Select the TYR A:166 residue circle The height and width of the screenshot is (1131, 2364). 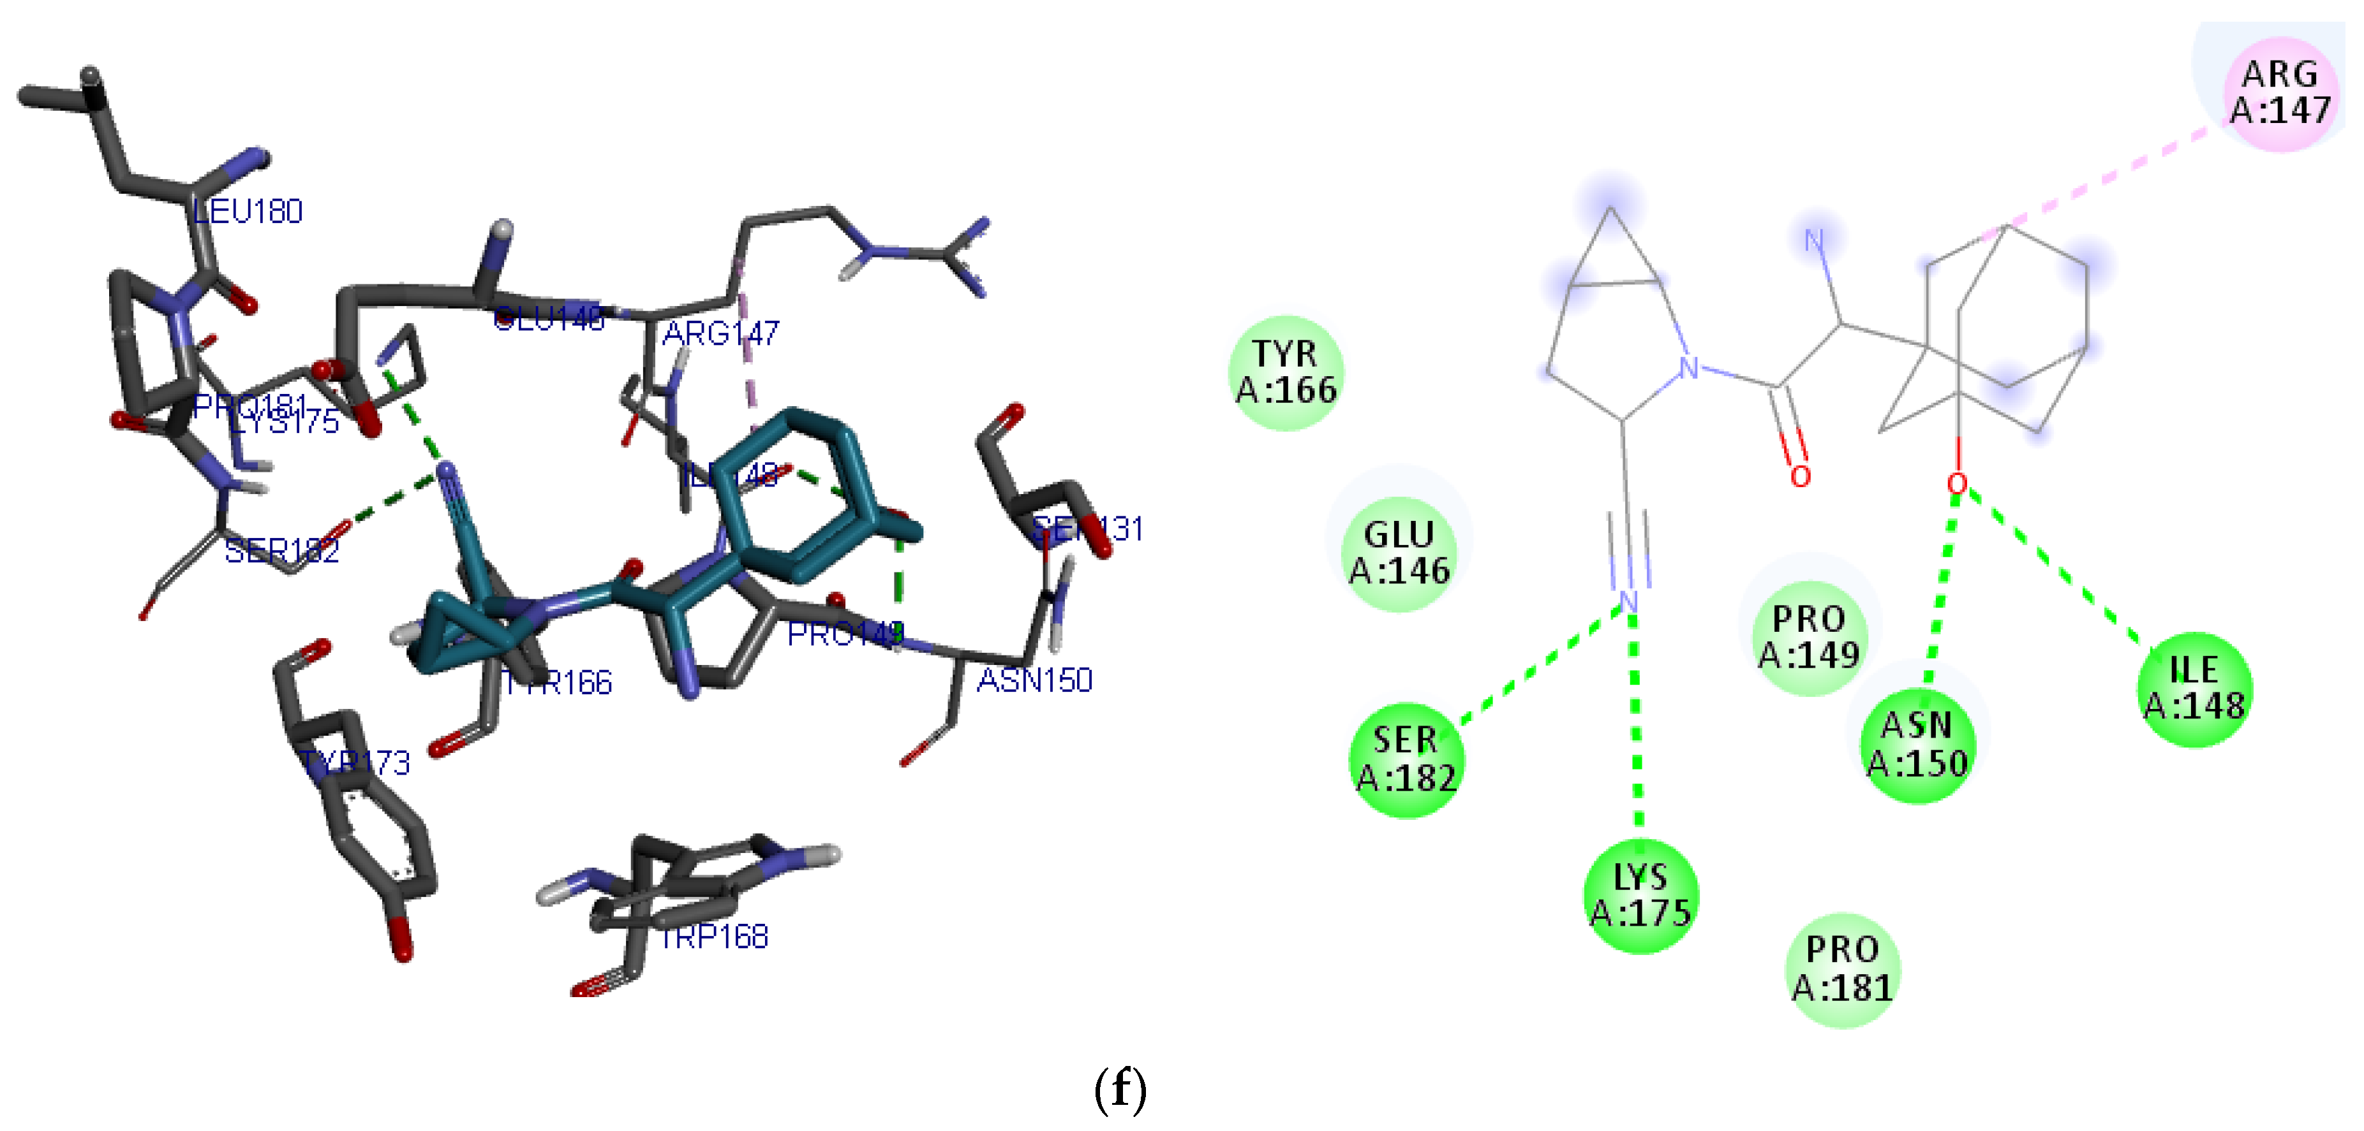click(x=1286, y=372)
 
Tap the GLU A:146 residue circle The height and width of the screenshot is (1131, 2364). click(x=1399, y=553)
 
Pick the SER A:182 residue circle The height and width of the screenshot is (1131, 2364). click(x=1406, y=759)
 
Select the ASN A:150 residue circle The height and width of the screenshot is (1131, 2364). click(x=1917, y=745)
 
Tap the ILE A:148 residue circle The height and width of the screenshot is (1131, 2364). click(x=2194, y=689)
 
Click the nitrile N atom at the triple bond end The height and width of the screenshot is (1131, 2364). click(x=1628, y=602)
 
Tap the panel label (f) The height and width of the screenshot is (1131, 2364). click(x=1120, y=1089)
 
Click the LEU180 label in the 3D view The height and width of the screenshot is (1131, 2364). click(x=247, y=212)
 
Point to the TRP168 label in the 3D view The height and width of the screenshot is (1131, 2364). click(x=713, y=937)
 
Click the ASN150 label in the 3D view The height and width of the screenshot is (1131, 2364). click(x=1034, y=680)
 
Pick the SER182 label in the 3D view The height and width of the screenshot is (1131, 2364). click(x=282, y=550)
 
